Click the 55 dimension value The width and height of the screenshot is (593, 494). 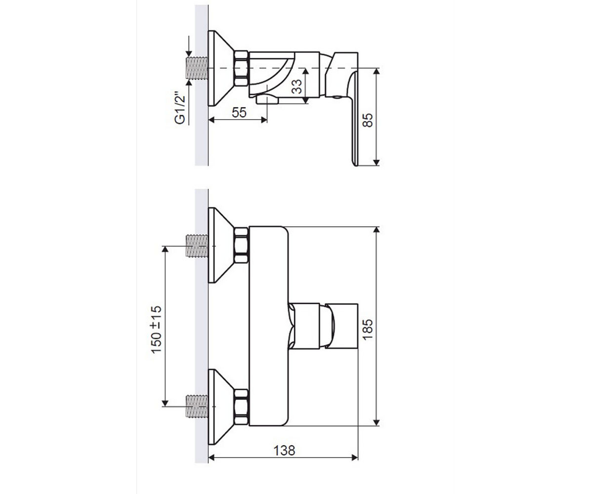point(239,113)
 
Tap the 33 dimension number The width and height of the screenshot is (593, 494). point(297,86)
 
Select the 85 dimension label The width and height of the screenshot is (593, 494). point(368,120)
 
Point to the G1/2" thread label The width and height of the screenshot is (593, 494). point(180,108)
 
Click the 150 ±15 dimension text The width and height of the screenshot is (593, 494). point(156,329)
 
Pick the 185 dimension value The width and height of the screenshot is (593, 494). point(368,329)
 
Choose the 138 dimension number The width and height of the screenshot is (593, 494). point(284,450)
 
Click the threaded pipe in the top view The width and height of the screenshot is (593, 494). point(197,68)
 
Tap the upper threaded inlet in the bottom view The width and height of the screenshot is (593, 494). point(197,246)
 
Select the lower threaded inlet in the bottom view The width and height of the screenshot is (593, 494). point(197,406)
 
